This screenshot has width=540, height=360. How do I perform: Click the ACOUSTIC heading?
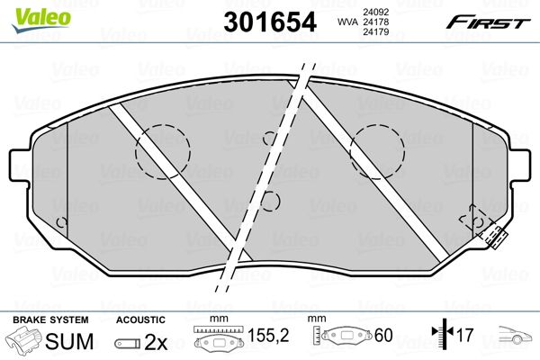point(141,319)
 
